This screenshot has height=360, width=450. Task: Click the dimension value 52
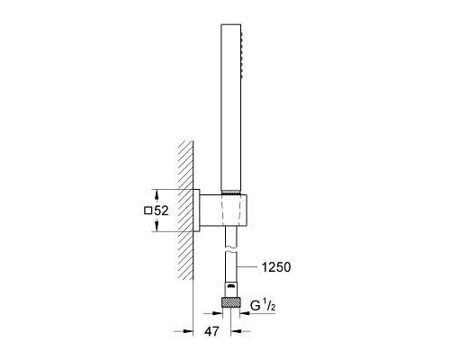[161, 211]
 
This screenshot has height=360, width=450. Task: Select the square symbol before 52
[148, 211]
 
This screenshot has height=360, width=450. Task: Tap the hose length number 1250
[276, 267]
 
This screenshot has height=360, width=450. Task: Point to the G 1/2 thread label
[263, 306]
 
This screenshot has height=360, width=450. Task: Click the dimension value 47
[211, 331]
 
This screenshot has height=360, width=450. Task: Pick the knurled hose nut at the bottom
[230, 302]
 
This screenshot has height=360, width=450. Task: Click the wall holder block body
[223, 210]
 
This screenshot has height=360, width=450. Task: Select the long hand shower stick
[230, 107]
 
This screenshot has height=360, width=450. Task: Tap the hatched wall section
[185, 210]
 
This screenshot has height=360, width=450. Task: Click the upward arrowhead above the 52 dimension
[157, 196]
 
